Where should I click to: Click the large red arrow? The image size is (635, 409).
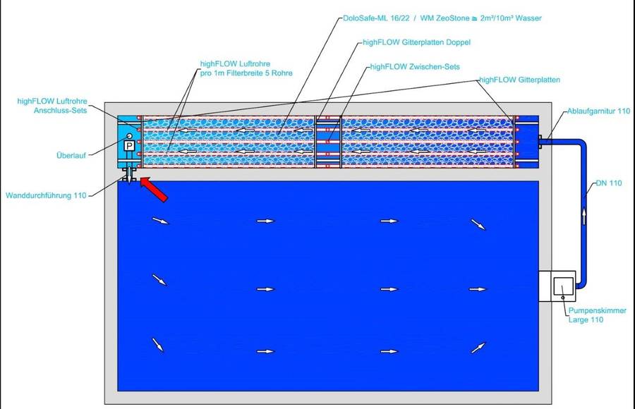(154, 189)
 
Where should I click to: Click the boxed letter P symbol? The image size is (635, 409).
(129, 146)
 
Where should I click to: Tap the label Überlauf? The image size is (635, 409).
(71, 155)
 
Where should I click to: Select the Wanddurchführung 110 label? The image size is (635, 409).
(46, 195)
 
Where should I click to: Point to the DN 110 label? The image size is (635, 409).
(609, 183)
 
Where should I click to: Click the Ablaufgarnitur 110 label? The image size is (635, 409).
(598, 111)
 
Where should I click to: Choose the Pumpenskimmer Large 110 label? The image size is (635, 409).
(598, 315)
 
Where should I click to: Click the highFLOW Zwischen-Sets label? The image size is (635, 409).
(415, 67)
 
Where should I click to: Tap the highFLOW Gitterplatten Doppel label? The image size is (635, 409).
(417, 42)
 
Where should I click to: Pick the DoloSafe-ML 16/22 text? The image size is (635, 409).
(376, 18)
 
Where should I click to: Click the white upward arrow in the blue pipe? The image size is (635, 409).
(583, 216)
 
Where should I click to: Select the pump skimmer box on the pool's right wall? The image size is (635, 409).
(557, 286)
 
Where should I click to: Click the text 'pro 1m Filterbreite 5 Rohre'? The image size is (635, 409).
(246, 73)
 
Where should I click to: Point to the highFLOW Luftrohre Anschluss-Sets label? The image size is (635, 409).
(52, 106)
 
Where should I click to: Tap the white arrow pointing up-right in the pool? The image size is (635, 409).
(478, 348)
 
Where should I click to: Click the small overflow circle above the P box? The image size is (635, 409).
(130, 136)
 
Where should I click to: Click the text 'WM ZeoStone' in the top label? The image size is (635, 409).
(445, 18)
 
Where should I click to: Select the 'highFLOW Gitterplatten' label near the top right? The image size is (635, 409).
(519, 80)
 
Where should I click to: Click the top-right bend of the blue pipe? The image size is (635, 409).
(581, 143)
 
